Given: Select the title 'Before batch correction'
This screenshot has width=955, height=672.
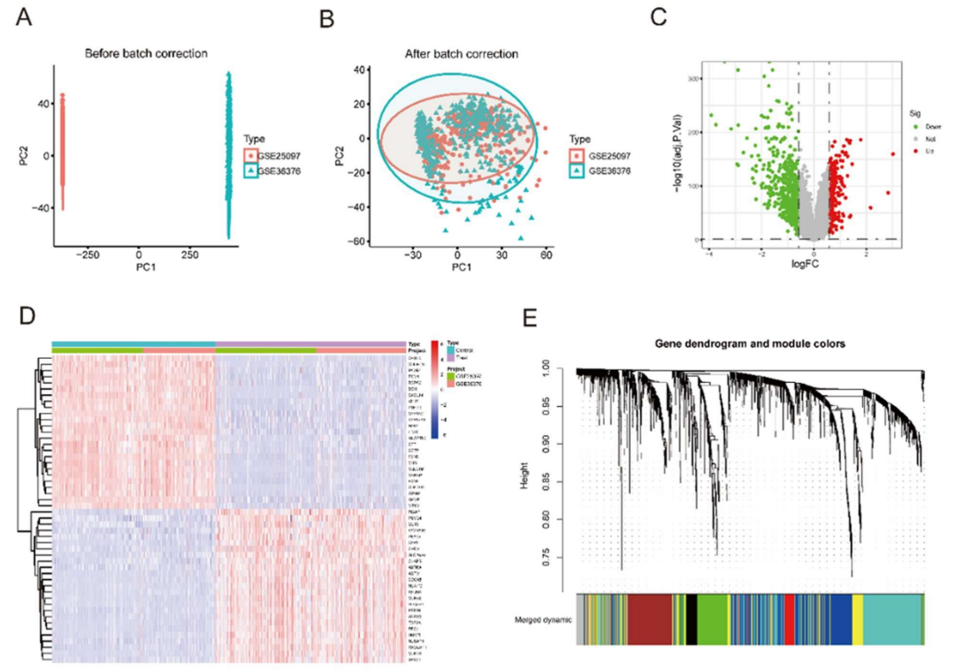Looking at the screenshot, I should (x=146, y=54).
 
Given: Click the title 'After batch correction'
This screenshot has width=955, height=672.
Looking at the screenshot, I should (x=461, y=54).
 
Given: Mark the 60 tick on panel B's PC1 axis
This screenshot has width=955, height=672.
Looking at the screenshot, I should (x=546, y=254).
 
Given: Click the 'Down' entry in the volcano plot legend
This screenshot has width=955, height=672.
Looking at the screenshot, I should (x=928, y=126).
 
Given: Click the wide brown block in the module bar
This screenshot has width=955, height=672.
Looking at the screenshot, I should (x=653, y=619).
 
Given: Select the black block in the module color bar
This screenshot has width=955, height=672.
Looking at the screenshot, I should (x=692, y=619).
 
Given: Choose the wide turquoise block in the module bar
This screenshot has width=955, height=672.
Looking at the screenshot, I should (x=892, y=619).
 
